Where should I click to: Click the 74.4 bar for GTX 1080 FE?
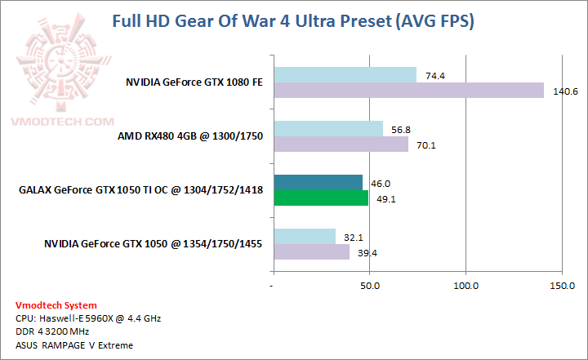coord(345,75)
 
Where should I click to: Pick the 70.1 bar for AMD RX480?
coord(341,144)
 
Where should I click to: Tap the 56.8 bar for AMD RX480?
coord(328,129)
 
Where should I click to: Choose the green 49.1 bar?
coord(320,198)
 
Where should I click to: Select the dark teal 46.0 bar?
coord(318,183)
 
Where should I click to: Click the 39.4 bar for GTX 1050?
coord(311,252)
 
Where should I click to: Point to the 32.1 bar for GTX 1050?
coord(305,237)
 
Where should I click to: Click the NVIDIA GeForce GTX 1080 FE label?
coord(194,82)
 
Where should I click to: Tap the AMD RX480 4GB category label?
coord(190,136)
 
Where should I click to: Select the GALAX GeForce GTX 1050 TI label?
coord(140,190)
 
